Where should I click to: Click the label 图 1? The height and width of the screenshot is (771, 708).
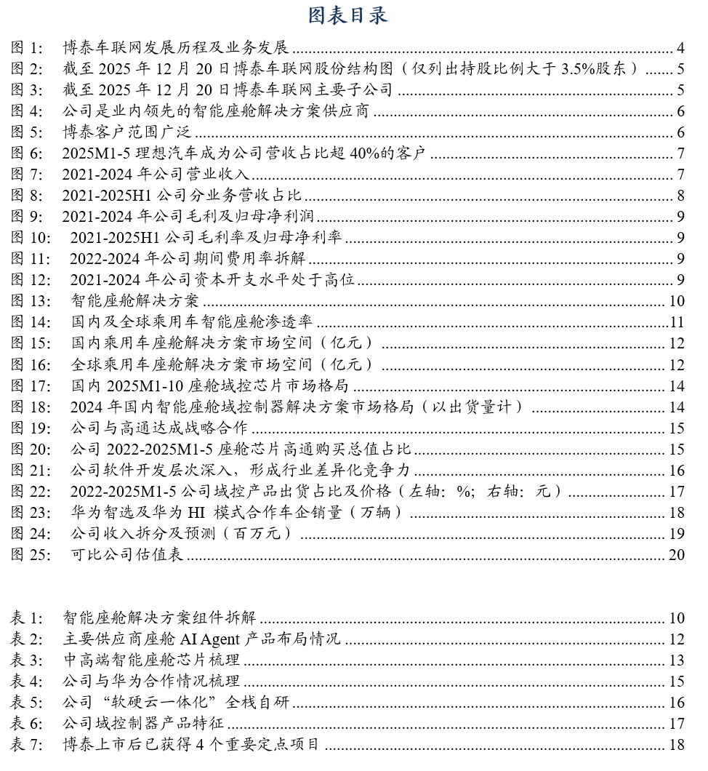point(28,49)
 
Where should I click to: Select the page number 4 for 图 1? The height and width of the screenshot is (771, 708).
point(680,49)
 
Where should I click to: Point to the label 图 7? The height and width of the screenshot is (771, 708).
point(28,174)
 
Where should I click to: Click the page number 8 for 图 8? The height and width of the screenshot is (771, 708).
point(680,195)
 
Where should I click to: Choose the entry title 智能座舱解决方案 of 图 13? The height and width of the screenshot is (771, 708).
point(135,301)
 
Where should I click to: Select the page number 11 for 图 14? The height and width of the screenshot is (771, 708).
point(677,322)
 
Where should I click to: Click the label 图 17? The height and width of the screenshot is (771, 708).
point(31,385)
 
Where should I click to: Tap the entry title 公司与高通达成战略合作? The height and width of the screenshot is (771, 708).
point(159,428)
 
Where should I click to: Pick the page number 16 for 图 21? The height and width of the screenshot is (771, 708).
point(677,470)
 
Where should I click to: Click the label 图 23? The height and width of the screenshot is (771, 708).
point(31,512)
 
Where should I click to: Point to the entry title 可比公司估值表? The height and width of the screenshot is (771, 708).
point(127,554)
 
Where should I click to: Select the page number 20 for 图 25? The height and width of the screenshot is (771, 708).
point(677,554)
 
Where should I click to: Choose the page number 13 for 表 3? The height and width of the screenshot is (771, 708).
point(677,660)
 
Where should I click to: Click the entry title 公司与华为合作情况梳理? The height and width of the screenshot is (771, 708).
point(151,682)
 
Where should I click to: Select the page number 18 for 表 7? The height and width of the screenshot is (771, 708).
point(677,745)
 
